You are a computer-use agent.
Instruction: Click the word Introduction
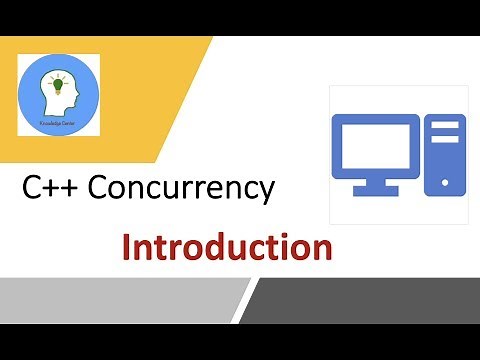tap(227, 246)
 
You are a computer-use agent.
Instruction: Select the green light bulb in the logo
tap(59, 85)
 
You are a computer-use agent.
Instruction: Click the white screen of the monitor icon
tap(375, 146)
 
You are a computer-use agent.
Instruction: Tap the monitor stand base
tap(375, 191)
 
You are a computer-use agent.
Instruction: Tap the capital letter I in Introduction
tap(127, 246)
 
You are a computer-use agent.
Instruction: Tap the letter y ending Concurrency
tap(265, 193)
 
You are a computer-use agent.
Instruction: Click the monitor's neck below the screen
tap(375, 181)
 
